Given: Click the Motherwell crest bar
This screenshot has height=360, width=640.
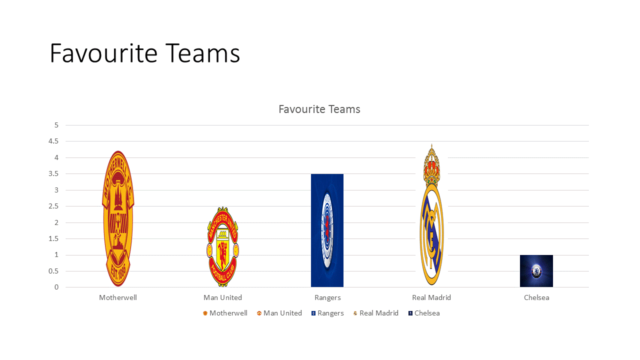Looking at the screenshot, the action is tap(118, 218).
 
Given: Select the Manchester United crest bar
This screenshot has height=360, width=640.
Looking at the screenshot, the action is tap(222, 247).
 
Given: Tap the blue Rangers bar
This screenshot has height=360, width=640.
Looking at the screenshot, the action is tap(327, 230).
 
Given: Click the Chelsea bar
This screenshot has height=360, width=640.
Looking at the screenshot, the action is tap(536, 271).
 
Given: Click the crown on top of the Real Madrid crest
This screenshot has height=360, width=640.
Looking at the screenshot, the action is tap(431, 165).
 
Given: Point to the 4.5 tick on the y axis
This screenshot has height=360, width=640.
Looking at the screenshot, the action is tap(53, 141).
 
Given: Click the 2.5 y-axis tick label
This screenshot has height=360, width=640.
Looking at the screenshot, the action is tap(53, 206).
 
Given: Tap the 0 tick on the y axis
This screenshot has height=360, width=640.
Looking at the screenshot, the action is tap(56, 287).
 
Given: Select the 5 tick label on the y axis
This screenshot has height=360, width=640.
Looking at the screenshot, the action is tap(56, 125).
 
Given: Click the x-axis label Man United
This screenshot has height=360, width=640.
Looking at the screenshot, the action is tap(222, 297).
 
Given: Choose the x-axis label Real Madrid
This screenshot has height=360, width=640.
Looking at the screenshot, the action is tap(431, 297).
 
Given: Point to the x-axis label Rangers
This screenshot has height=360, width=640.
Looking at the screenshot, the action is tap(327, 298).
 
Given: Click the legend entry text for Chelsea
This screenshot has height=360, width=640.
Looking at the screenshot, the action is tap(427, 313).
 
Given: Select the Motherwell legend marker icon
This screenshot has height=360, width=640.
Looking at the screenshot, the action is tap(205, 313).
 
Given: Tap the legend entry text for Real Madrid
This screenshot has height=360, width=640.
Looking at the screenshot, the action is tap(379, 313).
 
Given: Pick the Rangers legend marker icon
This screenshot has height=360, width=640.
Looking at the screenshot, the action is tap(313, 313).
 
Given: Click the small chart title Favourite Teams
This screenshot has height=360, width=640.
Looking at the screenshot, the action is tap(319, 109).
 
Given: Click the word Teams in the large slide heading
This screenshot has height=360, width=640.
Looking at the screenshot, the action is tap(202, 53).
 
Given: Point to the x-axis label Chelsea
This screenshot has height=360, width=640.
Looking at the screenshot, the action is tap(536, 297).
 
